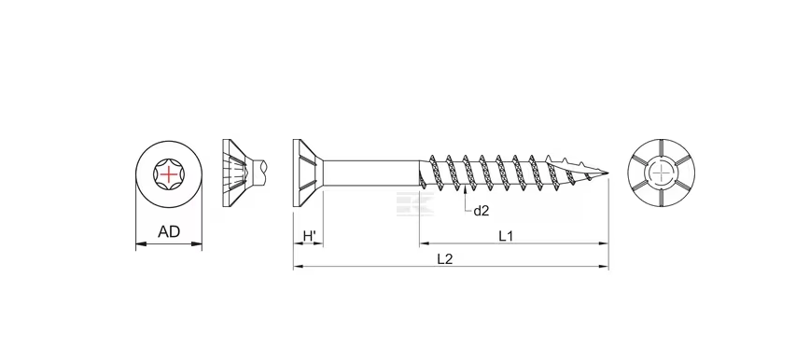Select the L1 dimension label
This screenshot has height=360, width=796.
coord(506,235)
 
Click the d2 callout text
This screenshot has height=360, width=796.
coord(481,211)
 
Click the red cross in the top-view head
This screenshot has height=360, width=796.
coord(168,174)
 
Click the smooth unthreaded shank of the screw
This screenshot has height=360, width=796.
coord(373,173)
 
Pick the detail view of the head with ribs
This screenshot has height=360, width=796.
coord(238,173)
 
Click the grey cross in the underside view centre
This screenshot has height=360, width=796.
coord(662,173)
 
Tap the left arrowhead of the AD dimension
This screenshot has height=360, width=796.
coord(139,245)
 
